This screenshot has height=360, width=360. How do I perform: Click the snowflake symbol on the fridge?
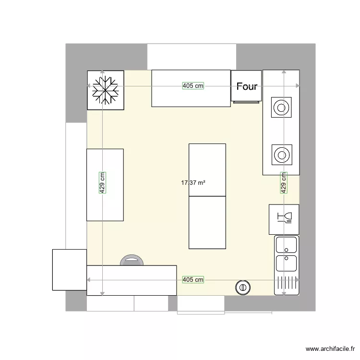pyautogui.click(x=105, y=90)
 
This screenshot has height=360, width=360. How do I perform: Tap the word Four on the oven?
pyautogui.click(x=247, y=87)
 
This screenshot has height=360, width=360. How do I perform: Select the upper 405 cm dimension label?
pyautogui.click(x=193, y=86)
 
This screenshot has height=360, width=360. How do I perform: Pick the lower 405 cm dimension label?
pyautogui.click(x=193, y=279)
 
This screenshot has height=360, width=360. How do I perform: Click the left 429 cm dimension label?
pyautogui.click(x=102, y=183)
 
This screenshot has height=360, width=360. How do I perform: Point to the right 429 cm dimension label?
pyautogui.click(x=284, y=183)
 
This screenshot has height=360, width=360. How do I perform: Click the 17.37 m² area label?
pyautogui.click(x=193, y=183)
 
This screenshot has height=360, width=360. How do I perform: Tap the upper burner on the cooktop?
pyautogui.click(x=281, y=108)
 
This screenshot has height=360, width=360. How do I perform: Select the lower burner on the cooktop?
pyautogui.click(x=281, y=155)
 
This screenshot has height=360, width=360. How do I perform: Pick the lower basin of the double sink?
pyautogui.click(x=286, y=264)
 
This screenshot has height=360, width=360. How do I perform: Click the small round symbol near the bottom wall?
pyautogui.click(x=242, y=287)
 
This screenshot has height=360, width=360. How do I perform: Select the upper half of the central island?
pyautogui.click(x=207, y=170)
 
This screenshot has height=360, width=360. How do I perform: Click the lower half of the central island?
pyautogui.click(x=207, y=222)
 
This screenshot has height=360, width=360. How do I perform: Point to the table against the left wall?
pyautogui.click(x=105, y=185)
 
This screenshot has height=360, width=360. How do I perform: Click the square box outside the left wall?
pyautogui.click(x=69, y=270)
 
